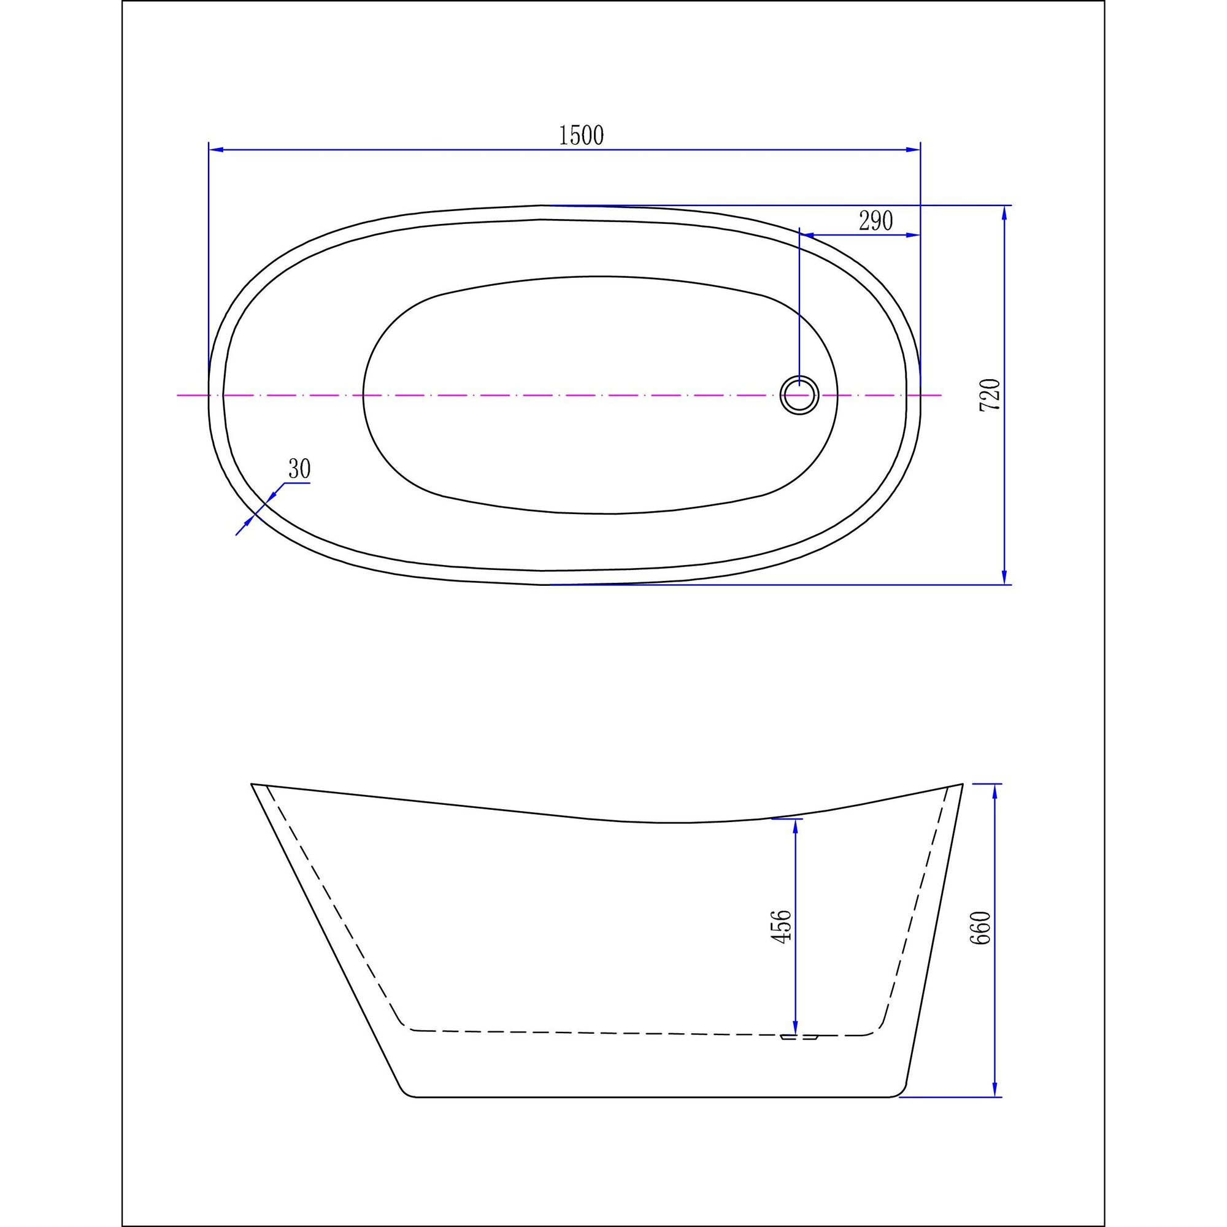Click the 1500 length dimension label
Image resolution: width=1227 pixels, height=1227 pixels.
(x=581, y=135)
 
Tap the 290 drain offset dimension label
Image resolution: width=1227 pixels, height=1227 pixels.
(x=876, y=221)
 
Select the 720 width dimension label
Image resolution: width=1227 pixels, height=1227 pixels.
(x=990, y=394)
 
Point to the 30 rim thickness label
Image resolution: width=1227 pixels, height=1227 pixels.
(x=299, y=469)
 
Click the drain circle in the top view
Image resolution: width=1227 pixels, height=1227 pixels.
(x=799, y=395)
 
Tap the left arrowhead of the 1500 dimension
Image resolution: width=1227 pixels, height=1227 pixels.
(x=216, y=150)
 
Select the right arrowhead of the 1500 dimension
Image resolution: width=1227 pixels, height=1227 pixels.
(x=914, y=150)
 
